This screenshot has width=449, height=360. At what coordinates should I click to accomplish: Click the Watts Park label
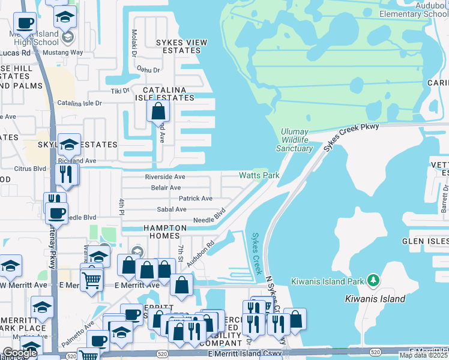pos(259,176)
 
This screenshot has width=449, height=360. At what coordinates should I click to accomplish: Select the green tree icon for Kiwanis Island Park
pos(373,280)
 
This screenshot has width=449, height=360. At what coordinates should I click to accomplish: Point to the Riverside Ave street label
pos(165,177)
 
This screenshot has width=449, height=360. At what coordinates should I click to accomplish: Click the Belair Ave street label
pos(166,188)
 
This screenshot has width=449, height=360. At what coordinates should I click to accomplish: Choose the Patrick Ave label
pos(195,199)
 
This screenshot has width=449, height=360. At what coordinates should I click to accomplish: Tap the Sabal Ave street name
pos(172,209)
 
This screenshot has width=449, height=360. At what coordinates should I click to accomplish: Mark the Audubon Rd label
pos(200,255)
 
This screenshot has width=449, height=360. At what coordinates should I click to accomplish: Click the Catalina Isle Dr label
pos(80,103)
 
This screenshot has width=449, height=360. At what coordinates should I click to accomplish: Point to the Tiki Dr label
pos(120,91)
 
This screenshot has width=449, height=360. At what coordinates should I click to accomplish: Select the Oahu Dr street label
pos(148,70)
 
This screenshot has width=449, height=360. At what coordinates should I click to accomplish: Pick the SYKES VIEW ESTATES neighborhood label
pos(181,46)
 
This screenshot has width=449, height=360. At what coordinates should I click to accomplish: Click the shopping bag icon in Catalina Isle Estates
pos(158,111)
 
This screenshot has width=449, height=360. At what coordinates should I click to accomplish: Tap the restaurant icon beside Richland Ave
pos(65,174)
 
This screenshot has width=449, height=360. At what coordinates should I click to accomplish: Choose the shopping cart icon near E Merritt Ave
pos(91,278)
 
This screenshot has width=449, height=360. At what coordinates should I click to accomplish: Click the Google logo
pos(20,353)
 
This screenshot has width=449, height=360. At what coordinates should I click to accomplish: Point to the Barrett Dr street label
pos(444,199)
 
